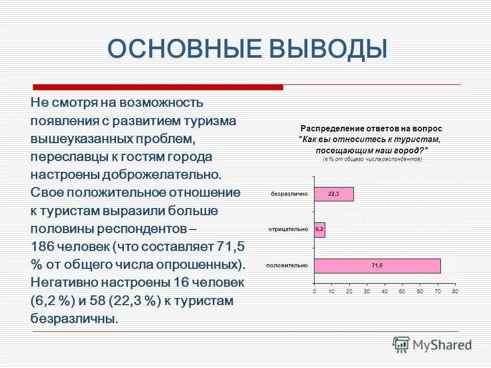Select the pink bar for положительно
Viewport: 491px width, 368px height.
[x=377, y=265]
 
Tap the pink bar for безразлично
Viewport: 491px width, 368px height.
[x=333, y=194]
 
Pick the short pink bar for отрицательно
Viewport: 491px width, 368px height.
[x=320, y=230]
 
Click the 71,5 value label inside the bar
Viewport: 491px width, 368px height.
[x=377, y=265]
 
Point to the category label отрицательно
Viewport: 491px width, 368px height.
[x=288, y=230]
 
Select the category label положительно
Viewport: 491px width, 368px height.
[x=287, y=265]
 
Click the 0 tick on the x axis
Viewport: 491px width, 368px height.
[x=315, y=291]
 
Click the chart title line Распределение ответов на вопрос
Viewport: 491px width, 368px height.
[x=371, y=129]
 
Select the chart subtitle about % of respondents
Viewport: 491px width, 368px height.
[x=372, y=159]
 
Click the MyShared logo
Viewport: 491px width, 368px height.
[x=432, y=344]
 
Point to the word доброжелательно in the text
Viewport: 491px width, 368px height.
[x=162, y=175]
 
